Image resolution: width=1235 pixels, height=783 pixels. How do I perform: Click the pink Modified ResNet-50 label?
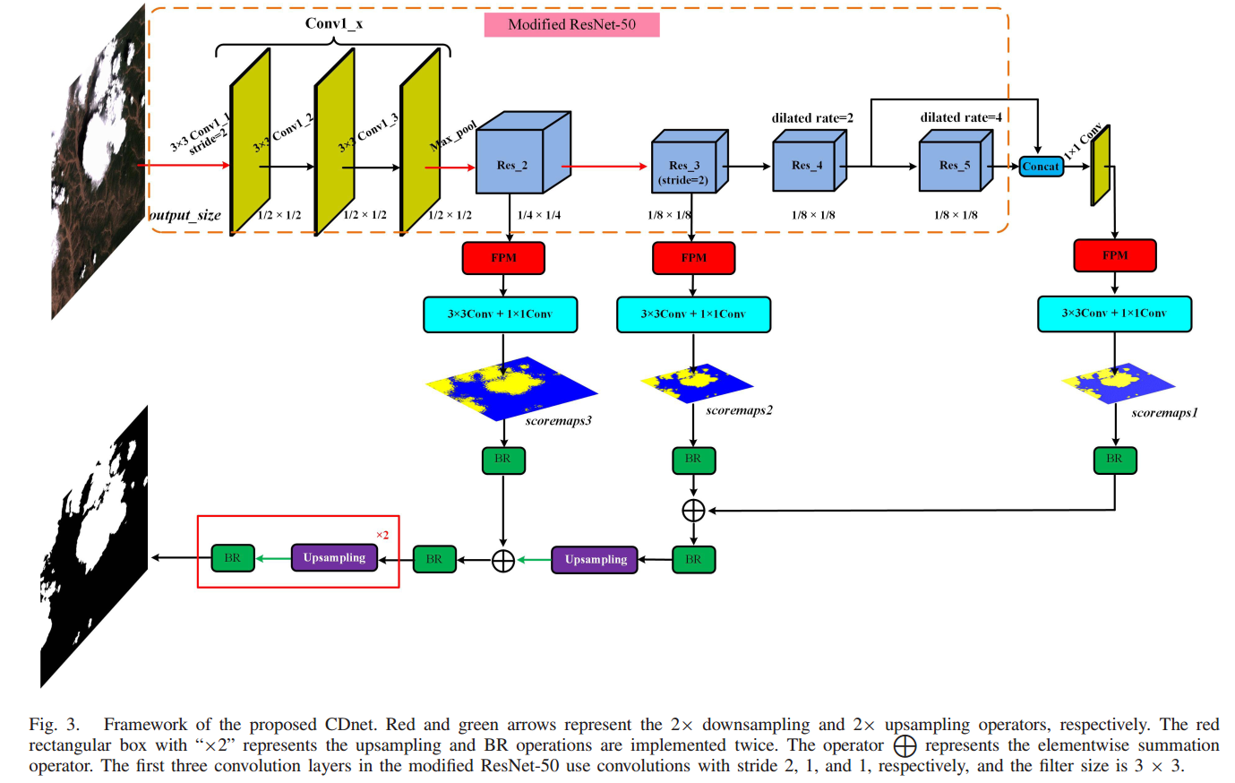tap(571, 24)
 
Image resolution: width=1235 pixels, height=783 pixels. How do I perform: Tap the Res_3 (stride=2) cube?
tap(687, 169)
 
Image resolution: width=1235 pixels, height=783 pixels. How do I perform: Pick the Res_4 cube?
tap(806, 165)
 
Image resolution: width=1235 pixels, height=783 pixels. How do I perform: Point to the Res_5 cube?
tap(953, 165)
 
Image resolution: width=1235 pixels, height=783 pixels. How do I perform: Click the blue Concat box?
tap(1041, 167)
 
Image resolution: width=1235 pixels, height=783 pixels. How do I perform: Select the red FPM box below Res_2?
tap(503, 258)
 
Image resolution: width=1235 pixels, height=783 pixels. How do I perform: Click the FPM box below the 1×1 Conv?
tap(1114, 255)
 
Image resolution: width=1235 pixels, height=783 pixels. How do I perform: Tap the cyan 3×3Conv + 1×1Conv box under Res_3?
tap(693, 314)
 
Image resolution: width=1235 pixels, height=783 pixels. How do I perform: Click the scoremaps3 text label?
tap(558, 421)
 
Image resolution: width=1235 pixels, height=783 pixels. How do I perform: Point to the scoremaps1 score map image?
tap(1116, 383)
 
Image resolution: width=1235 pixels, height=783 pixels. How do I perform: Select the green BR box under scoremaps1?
tap(1114, 460)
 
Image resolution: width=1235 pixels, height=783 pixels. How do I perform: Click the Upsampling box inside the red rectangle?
tap(334, 558)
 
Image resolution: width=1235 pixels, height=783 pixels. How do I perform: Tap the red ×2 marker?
tap(382, 535)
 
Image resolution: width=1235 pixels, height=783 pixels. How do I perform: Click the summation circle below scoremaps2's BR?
tap(693, 511)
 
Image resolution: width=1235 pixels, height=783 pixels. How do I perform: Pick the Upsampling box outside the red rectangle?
tap(595, 560)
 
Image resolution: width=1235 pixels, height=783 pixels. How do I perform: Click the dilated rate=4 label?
tap(960, 117)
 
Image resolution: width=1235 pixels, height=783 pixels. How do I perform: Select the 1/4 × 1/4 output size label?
tap(539, 215)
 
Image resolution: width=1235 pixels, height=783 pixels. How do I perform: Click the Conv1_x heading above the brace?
tap(333, 23)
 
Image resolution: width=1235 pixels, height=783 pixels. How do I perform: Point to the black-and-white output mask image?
tap(94, 546)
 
